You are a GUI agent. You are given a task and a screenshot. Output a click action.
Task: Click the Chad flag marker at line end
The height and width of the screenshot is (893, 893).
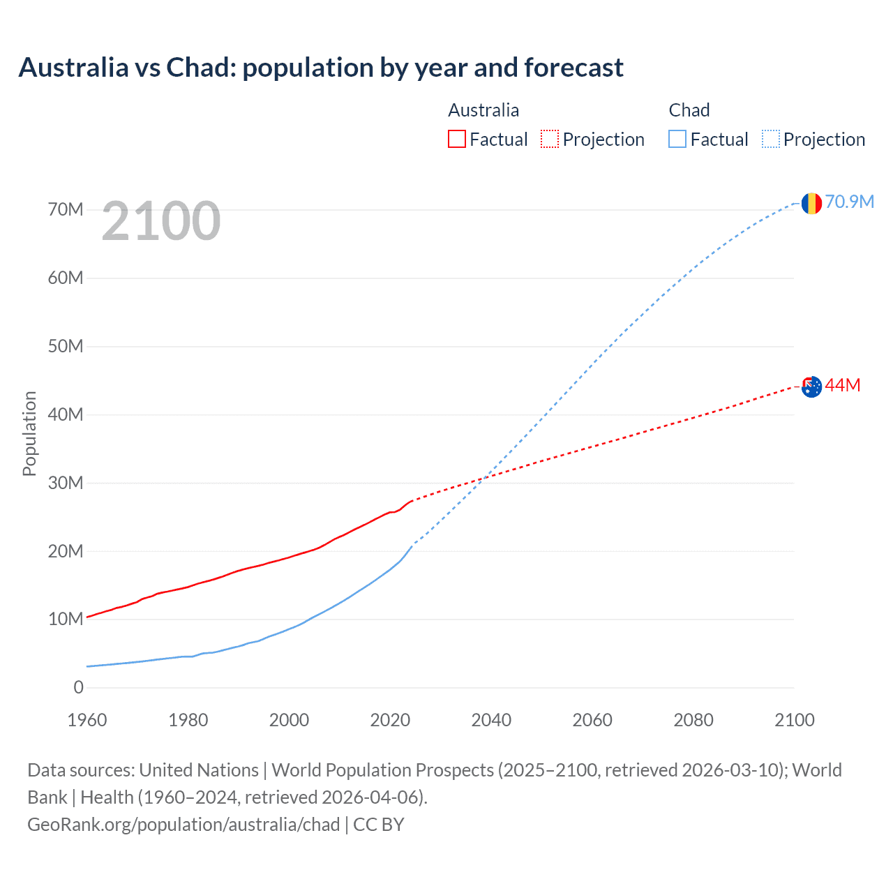click(811, 203)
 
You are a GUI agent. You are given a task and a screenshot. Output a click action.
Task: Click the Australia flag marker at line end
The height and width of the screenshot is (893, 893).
click(811, 387)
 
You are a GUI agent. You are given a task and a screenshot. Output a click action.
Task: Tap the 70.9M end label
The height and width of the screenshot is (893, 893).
click(850, 202)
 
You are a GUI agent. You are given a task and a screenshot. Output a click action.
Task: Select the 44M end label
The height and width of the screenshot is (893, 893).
click(843, 385)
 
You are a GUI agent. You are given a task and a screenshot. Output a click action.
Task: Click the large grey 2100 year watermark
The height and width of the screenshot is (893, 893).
click(161, 221)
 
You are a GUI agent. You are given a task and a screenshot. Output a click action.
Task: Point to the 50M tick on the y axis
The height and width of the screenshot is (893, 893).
click(66, 346)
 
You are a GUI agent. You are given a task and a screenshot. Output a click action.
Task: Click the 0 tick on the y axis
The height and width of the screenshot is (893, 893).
click(78, 688)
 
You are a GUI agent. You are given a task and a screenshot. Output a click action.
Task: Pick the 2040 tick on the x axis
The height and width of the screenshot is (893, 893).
click(491, 720)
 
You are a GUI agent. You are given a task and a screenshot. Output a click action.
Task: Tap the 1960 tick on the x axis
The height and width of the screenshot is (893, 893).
click(87, 720)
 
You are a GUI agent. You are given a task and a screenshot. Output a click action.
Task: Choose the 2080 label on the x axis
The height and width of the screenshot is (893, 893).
click(693, 720)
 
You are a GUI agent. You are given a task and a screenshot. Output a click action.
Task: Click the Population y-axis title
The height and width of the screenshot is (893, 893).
click(29, 433)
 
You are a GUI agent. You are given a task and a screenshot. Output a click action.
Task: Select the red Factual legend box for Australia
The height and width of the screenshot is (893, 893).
click(457, 139)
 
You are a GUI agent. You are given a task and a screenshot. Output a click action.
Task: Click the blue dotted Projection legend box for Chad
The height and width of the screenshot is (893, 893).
click(771, 139)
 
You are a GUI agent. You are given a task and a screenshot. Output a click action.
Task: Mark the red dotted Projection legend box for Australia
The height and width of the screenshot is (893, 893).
click(550, 139)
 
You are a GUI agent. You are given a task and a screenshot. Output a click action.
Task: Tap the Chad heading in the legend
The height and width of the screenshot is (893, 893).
click(689, 110)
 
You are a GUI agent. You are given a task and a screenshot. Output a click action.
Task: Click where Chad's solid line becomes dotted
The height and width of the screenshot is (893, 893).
click(413, 544)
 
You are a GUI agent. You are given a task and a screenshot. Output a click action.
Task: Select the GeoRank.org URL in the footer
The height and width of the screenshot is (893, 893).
click(183, 824)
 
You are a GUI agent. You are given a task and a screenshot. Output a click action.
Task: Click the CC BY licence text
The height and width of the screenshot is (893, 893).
click(379, 824)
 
